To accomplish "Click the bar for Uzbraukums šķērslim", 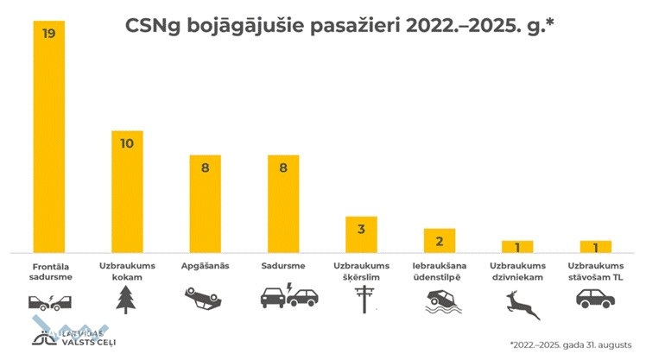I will click(x=361, y=233).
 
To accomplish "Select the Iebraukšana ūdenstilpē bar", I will click(x=439, y=239).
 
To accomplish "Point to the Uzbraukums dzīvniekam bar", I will click(x=517, y=245).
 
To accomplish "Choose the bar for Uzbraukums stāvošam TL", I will click(x=595, y=245).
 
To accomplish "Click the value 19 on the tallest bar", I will click(x=48, y=33).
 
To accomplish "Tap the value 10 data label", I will click(x=127, y=143).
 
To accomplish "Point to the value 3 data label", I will click(x=361, y=229).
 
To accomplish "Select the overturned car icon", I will click(x=205, y=299).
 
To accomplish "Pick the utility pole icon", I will click(x=361, y=299).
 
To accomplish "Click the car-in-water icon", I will click(x=439, y=300).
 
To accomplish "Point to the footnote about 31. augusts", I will click(x=570, y=342).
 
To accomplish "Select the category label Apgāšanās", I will click(x=206, y=266).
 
